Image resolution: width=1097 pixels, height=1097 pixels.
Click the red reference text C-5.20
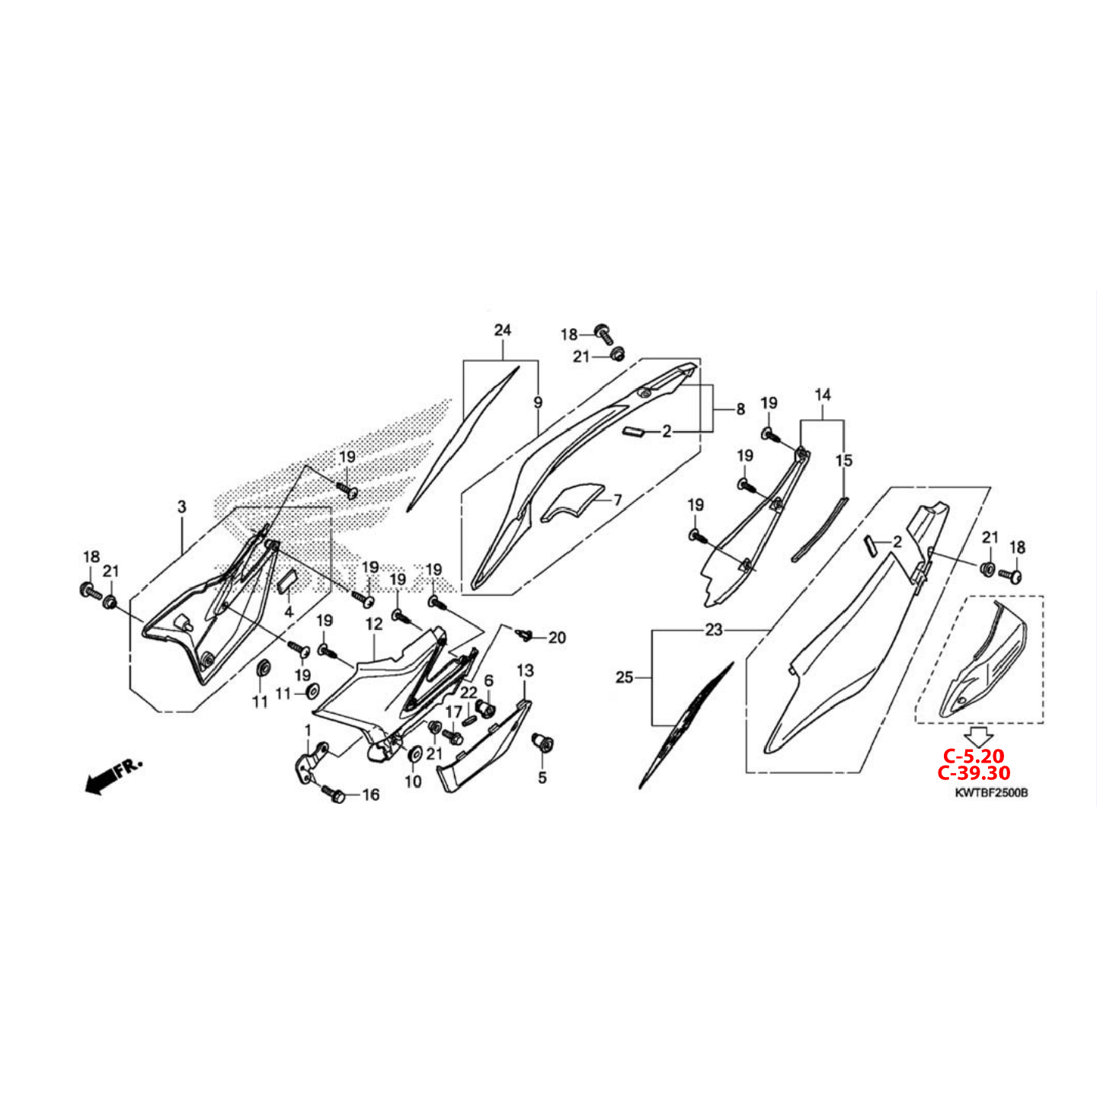[x=974, y=756]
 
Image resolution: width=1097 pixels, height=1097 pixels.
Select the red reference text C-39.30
[x=974, y=773]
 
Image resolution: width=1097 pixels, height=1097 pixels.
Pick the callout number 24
[x=503, y=330]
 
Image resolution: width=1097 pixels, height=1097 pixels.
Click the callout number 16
[x=371, y=795]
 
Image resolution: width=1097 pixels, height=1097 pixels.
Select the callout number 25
[x=625, y=678]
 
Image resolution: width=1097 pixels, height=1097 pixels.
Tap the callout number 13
[x=526, y=671]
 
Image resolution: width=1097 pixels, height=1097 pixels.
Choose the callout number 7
[x=618, y=501]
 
